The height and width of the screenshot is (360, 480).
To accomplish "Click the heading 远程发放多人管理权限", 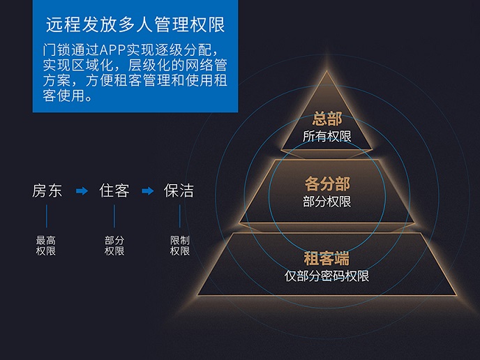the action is (x=135, y=25).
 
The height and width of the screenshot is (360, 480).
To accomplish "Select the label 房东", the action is (x=47, y=190).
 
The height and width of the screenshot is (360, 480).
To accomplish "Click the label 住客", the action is (x=114, y=190).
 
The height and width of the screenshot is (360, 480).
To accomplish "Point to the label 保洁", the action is (x=179, y=190).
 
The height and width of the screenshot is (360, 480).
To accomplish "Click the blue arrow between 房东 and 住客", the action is (x=82, y=191).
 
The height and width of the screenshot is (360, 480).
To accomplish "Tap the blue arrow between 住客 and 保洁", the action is (x=147, y=191).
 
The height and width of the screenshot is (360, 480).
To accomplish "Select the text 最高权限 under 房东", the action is (x=46, y=246).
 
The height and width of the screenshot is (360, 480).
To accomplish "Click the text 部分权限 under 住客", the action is (x=114, y=246).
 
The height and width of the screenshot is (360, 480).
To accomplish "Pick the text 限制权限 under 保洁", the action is (x=180, y=246).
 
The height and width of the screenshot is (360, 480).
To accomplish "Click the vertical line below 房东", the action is (x=47, y=216).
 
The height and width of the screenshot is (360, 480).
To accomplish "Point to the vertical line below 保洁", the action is (x=180, y=216).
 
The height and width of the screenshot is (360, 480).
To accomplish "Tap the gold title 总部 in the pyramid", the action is (x=327, y=119).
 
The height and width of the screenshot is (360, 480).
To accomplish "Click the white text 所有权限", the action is (x=327, y=137).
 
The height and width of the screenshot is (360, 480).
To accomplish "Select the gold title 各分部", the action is (x=327, y=184).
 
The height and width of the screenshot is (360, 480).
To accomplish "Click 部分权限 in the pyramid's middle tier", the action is (x=327, y=202).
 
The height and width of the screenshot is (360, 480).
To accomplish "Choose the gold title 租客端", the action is (x=327, y=258).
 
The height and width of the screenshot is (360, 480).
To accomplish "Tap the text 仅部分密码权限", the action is (x=327, y=276).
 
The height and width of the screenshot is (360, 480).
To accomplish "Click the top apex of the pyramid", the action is (x=327, y=71).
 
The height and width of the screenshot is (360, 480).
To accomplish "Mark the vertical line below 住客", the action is (x=114, y=216).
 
